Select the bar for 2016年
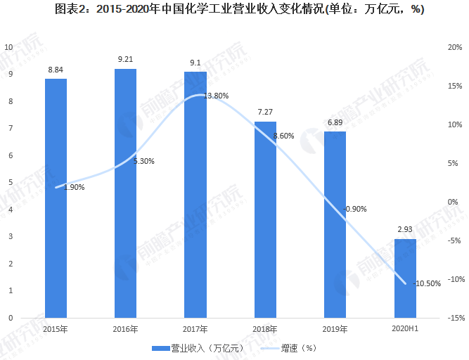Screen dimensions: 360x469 coord(125,193)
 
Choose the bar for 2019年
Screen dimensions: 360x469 coord(335,224)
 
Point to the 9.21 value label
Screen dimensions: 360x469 coord(125,59)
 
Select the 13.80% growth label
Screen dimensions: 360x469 coord(216,96)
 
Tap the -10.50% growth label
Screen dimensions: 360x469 coord(428,284)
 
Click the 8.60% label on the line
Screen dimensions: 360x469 coord(283,136)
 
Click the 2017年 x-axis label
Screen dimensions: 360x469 coord(195,329)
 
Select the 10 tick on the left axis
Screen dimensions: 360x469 coord(8,47)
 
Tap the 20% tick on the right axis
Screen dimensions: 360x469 coord(454,47)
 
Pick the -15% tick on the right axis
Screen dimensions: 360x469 coord(453,318)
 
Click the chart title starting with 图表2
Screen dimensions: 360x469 coord(234,10)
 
